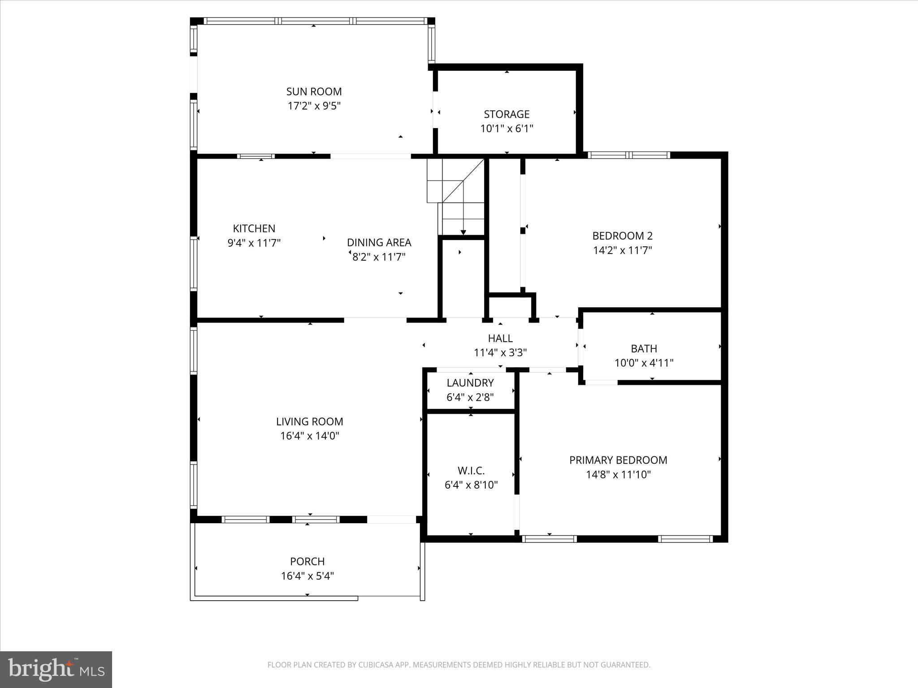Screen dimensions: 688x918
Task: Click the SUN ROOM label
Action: (x=314, y=91)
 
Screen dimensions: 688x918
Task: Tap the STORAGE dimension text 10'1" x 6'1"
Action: (x=507, y=129)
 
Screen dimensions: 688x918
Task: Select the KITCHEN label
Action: (x=254, y=228)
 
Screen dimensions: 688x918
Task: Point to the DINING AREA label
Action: (x=379, y=242)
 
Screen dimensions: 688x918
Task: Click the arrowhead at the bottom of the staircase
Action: (x=463, y=232)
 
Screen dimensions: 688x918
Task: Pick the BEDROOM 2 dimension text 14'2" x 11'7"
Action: (x=622, y=250)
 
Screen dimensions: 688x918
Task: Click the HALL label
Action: (x=500, y=338)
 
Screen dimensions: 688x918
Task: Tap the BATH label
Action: (x=644, y=348)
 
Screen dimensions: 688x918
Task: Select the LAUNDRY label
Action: (x=470, y=383)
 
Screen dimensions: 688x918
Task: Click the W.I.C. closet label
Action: (x=471, y=471)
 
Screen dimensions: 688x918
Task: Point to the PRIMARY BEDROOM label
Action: (x=618, y=460)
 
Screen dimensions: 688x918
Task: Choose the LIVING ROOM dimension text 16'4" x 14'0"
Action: (x=310, y=436)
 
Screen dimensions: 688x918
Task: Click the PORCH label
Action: (x=307, y=561)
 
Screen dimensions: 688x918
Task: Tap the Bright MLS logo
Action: (x=56, y=670)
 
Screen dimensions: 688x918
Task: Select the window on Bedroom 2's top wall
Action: (x=628, y=155)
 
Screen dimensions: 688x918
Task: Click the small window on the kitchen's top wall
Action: (x=255, y=156)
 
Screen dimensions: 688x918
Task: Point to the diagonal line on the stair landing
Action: (x=463, y=182)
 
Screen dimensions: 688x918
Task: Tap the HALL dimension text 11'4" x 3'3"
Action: (x=500, y=353)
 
